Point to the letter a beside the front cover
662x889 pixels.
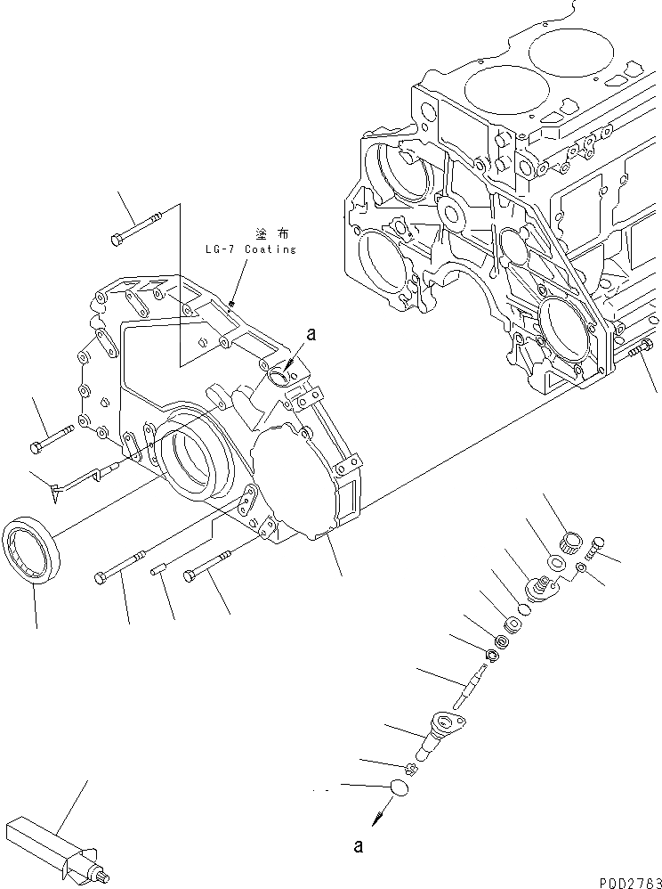(x=311, y=334)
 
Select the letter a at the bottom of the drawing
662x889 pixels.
(x=358, y=846)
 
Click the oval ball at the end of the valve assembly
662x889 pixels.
(x=400, y=787)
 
